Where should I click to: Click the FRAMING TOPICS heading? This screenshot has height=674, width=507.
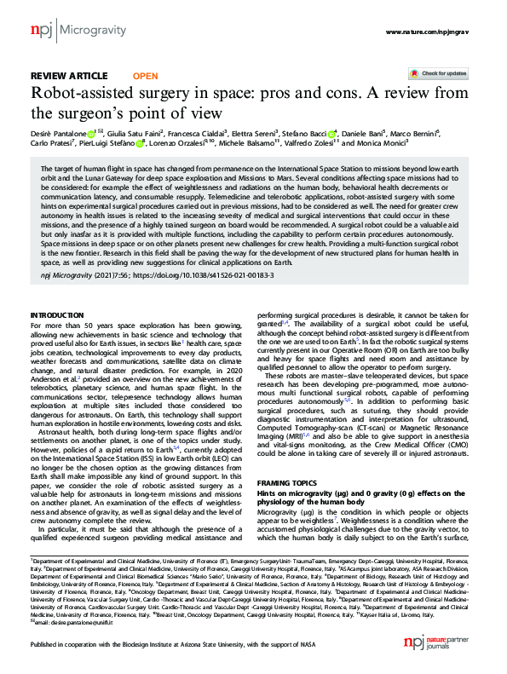tap(289, 482)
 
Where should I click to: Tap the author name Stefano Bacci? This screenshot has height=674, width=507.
tap(307, 133)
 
